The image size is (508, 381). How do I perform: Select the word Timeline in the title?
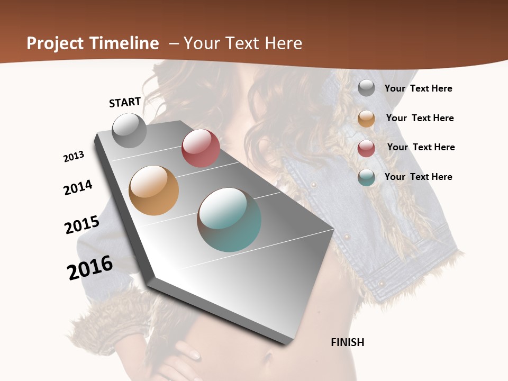[125, 43]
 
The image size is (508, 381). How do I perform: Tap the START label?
[125, 102]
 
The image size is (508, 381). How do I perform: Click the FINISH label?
[348, 342]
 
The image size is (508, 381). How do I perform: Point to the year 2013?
[74, 157]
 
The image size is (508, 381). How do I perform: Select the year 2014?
[78, 187]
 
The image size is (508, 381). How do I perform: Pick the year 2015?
[82, 224]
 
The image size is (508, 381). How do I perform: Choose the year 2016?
[90, 268]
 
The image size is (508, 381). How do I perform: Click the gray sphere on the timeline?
[130, 130]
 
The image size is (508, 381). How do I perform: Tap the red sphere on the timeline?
[201, 148]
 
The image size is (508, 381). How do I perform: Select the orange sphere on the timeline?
[154, 190]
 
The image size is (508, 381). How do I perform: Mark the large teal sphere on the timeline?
[229, 220]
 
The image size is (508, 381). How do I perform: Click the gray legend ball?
[366, 88]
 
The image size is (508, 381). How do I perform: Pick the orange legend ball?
[366, 119]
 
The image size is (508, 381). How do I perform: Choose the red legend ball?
[366, 148]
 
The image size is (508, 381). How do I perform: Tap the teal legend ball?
[366, 177]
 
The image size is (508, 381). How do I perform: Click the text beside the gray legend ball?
[418, 89]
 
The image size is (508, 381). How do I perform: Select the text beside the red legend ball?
[421, 147]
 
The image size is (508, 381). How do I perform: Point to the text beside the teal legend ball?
[418, 177]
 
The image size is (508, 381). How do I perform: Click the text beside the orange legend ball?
[420, 118]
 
